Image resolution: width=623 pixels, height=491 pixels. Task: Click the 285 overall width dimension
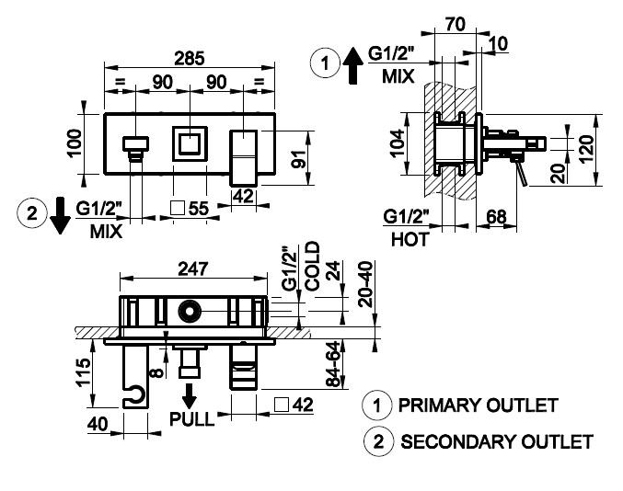190,57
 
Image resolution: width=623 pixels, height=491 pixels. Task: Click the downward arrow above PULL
190,395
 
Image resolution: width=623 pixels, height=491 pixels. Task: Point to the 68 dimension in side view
497,219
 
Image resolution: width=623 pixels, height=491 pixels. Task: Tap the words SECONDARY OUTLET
496,441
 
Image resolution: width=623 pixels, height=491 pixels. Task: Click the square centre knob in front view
190,143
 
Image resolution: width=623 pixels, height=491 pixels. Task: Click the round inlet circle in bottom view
190,312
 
